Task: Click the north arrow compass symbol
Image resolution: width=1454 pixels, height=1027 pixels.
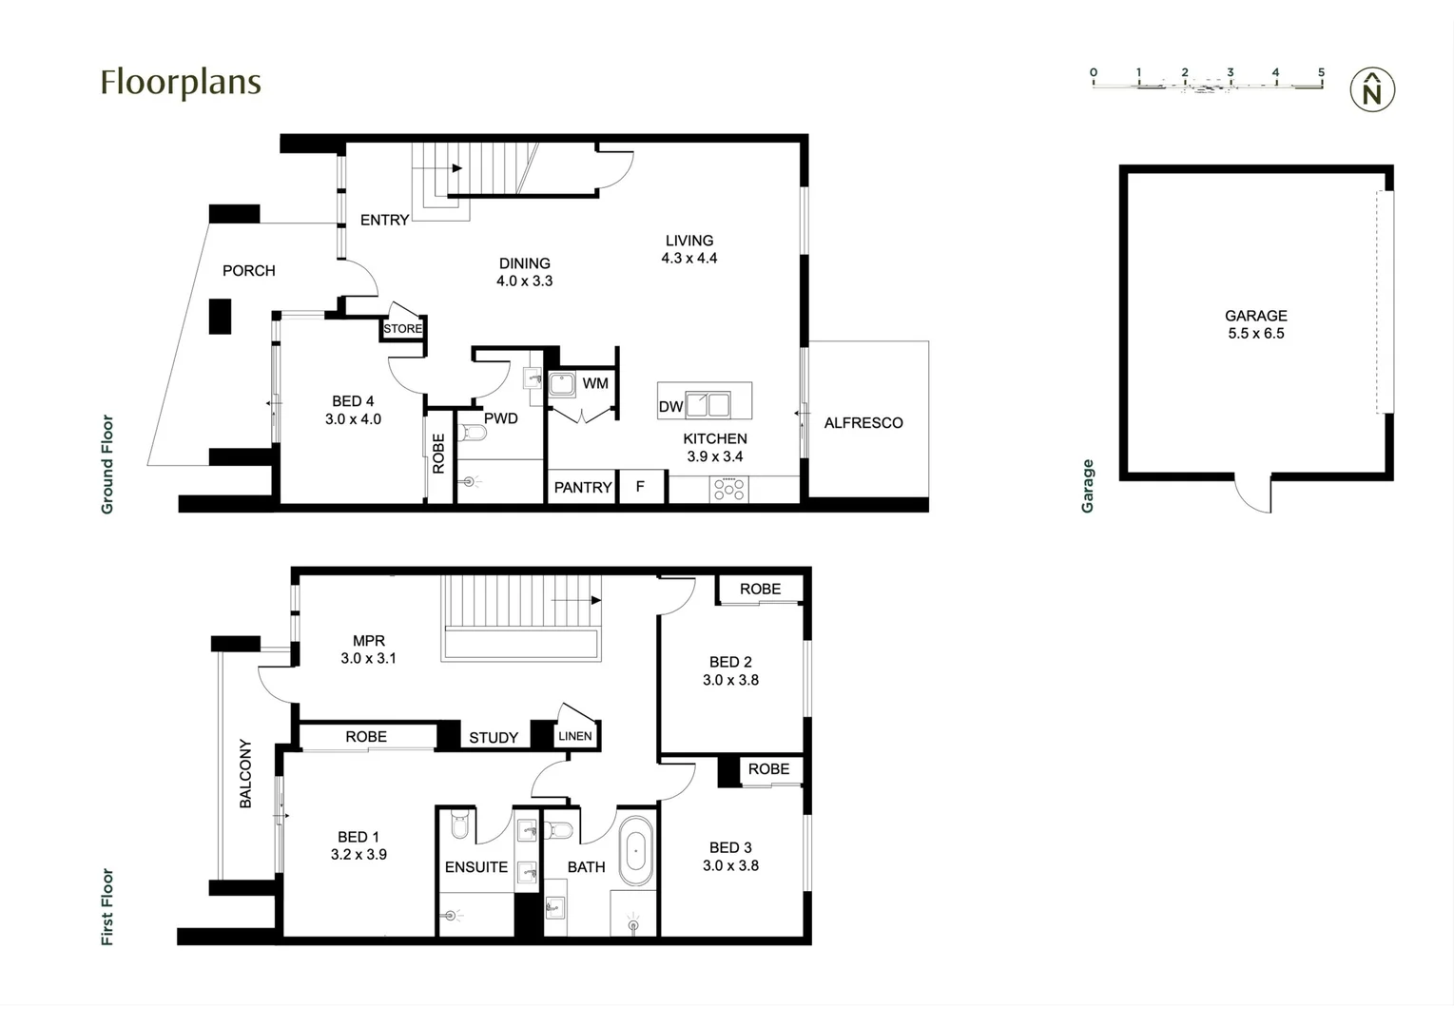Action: click(1372, 90)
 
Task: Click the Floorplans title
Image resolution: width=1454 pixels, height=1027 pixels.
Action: click(181, 83)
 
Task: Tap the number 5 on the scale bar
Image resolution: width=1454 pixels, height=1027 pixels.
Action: click(1321, 72)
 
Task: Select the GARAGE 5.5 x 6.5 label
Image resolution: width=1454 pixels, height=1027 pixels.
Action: click(1255, 324)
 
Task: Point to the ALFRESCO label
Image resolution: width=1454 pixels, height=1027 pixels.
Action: click(863, 423)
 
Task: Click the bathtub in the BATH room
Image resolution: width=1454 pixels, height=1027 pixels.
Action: click(636, 851)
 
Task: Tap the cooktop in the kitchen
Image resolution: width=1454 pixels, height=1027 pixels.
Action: click(729, 490)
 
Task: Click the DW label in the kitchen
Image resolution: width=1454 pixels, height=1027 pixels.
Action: click(670, 406)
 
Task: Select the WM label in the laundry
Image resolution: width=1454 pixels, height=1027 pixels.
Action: click(595, 383)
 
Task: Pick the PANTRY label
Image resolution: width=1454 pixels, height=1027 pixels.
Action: click(583, 488)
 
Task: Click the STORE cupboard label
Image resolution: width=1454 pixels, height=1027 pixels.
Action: click(402, 329)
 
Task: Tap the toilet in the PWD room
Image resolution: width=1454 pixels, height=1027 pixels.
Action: click(473, 434)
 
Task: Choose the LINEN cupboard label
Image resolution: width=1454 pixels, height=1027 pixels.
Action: click(574, 736)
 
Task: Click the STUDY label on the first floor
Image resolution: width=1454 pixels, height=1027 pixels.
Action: click(494, 738)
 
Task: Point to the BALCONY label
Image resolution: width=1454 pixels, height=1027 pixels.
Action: click(245, 773)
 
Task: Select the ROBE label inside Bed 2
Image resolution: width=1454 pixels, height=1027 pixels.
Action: click(760, 590)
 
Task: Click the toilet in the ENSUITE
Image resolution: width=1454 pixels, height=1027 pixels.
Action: click(460, 825)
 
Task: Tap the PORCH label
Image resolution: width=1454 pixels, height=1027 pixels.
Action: click(248, 271)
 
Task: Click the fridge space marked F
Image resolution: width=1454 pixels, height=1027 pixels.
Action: click(640, 487)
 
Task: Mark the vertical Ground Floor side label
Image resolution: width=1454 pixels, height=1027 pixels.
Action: click(107, 464)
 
